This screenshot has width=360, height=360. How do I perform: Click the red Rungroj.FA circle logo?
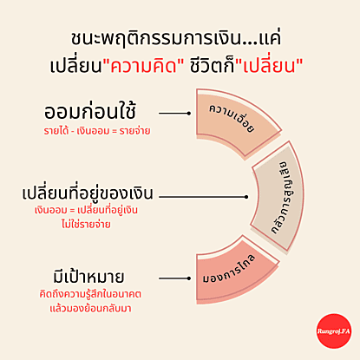[334, 331]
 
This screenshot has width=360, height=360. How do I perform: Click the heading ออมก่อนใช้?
[89, 112]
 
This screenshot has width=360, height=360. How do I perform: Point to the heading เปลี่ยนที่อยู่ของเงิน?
[88, 193]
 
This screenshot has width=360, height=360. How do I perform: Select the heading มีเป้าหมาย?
[88, 276]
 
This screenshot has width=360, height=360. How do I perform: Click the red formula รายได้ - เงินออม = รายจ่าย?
[97, 131]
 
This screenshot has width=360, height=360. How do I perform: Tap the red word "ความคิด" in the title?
[144, 66]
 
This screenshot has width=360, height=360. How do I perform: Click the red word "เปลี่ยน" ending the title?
[269, 66]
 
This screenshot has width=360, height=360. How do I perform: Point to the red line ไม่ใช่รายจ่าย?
[86, 224]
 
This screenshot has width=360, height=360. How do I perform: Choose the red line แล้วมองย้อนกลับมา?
[90, 308]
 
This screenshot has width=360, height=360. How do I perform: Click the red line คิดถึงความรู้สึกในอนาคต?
[90, 294]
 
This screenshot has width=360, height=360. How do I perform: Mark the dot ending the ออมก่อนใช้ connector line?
[189, 114]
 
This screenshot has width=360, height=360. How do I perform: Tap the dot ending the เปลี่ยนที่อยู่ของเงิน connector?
[246, 197]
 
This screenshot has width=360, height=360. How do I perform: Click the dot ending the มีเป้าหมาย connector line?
[189, 278]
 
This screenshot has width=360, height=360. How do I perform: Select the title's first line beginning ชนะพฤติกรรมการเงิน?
[176, 38]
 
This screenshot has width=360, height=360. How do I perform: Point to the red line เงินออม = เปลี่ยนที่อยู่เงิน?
[86, 210]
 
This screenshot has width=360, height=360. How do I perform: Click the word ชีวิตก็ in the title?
[212, 66]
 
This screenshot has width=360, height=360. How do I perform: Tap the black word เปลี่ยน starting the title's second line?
[76, 66]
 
